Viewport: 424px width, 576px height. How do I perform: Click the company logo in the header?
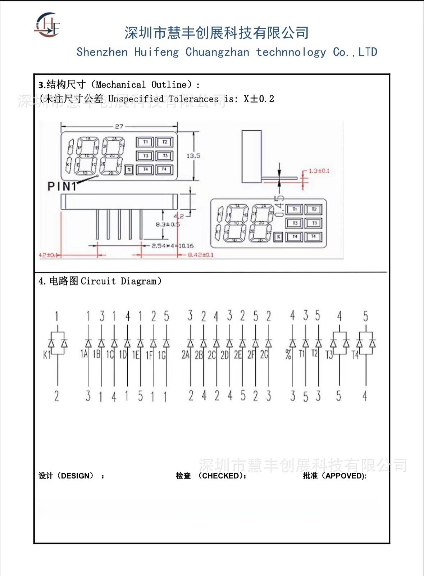47,25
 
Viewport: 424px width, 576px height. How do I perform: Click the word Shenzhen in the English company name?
102,52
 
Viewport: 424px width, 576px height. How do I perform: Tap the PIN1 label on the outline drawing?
62,186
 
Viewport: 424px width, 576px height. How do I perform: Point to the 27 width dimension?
119,126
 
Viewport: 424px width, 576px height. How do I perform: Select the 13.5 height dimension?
193,156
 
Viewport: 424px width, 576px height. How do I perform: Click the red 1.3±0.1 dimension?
319,171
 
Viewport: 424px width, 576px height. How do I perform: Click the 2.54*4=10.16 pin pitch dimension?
173,246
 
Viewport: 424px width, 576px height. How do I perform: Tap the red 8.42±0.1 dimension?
201,255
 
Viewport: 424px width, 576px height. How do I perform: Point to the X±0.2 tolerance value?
259,99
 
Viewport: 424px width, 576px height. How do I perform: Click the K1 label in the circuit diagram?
47,355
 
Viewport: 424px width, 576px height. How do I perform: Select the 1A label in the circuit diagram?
84,354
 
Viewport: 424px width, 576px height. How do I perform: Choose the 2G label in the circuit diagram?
264,355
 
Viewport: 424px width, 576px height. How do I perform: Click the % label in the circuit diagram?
288,355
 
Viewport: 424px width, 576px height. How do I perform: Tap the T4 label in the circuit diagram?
355,355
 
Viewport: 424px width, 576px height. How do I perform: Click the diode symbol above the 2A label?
191,343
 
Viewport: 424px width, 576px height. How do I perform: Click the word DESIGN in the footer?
77,476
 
